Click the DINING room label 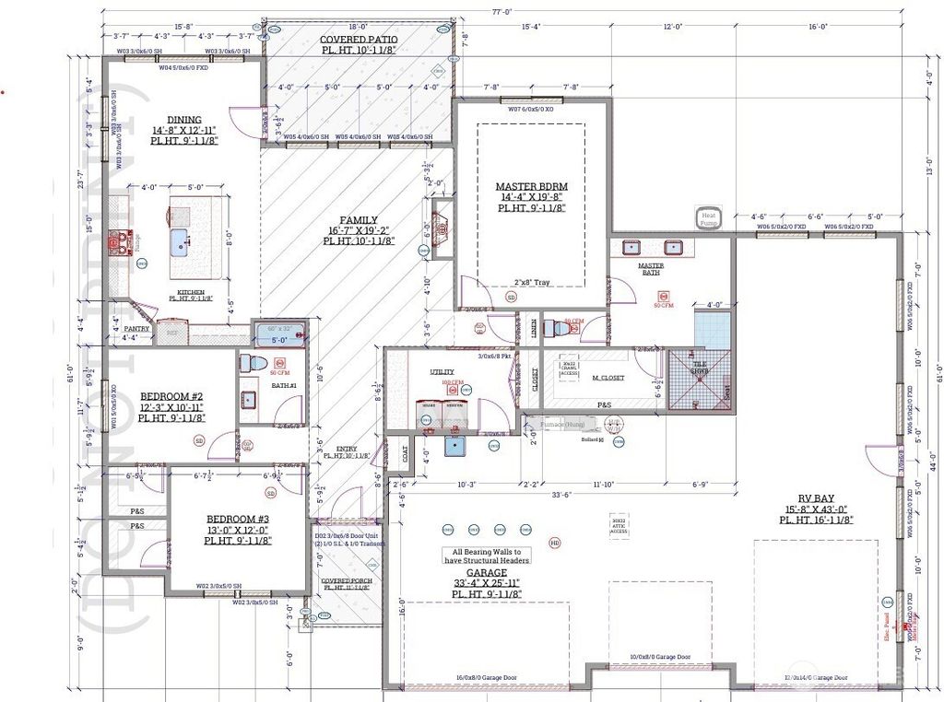point(184,119)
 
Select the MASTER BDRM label point(531,186)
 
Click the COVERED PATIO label point(359,40)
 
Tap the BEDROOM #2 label point(171,396)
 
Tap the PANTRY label point(136,328)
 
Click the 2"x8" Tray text point(532,283)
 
